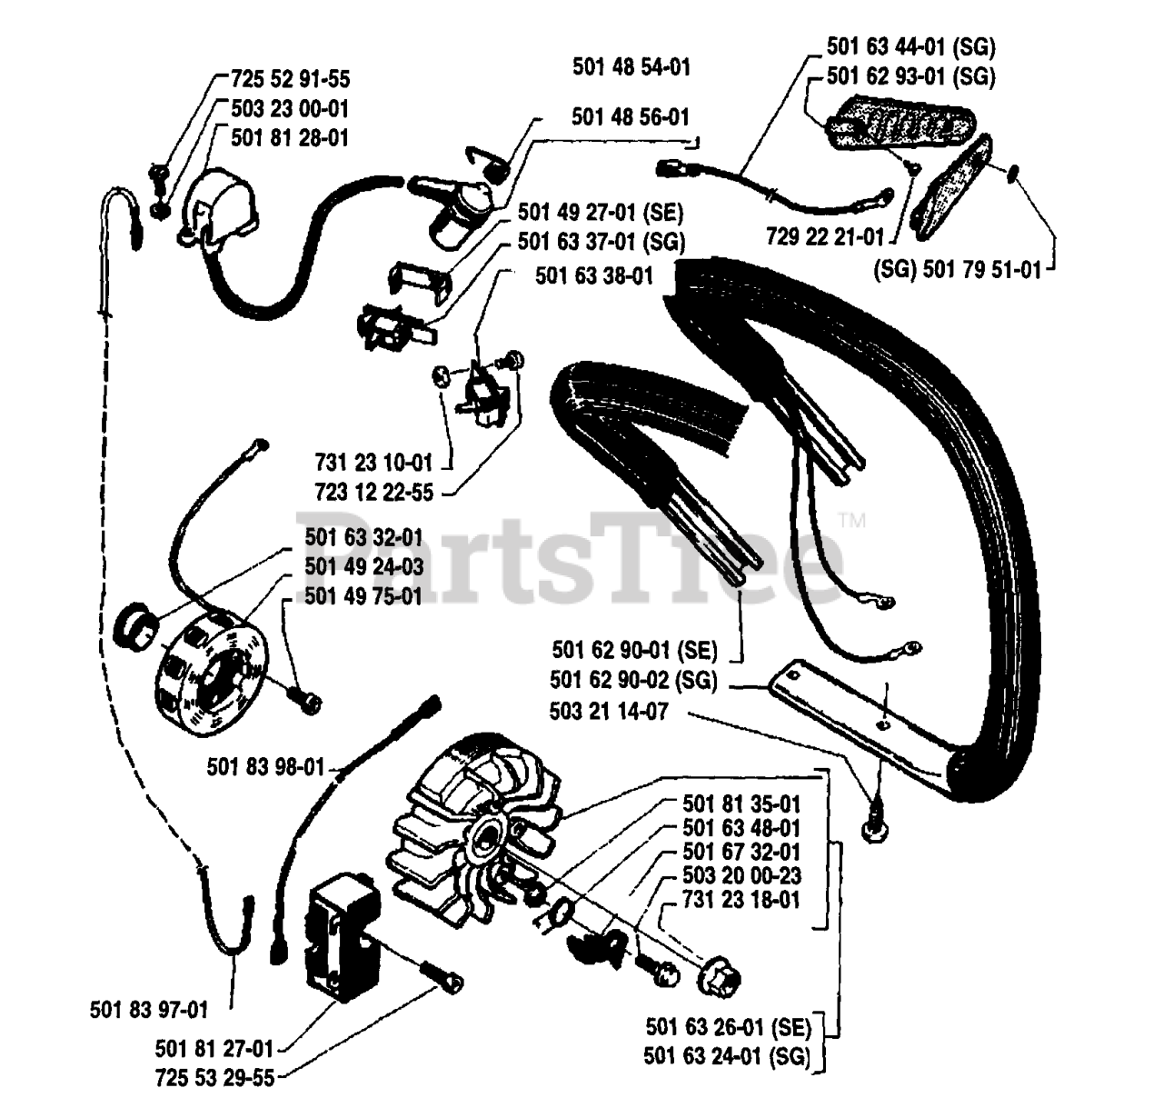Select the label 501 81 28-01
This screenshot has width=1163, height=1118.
[x=290, y=138]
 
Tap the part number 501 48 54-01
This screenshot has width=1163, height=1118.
[x=631, y=66]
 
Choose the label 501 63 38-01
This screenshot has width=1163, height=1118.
[x=594, y=275]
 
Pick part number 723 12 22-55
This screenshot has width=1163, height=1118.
[x=373, y=494]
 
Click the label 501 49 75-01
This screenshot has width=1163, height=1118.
[x=363, y=597]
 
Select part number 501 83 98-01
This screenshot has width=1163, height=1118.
[x=265, y=767]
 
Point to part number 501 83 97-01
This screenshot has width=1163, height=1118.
[x=149, y=1009]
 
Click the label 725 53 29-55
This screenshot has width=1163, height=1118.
[x=214, y=1078]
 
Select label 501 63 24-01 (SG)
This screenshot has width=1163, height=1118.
[x=726, y=1056]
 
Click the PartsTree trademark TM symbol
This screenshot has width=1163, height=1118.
[x=851, y=522]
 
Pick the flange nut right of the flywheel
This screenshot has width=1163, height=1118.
[x=719, y=980]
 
